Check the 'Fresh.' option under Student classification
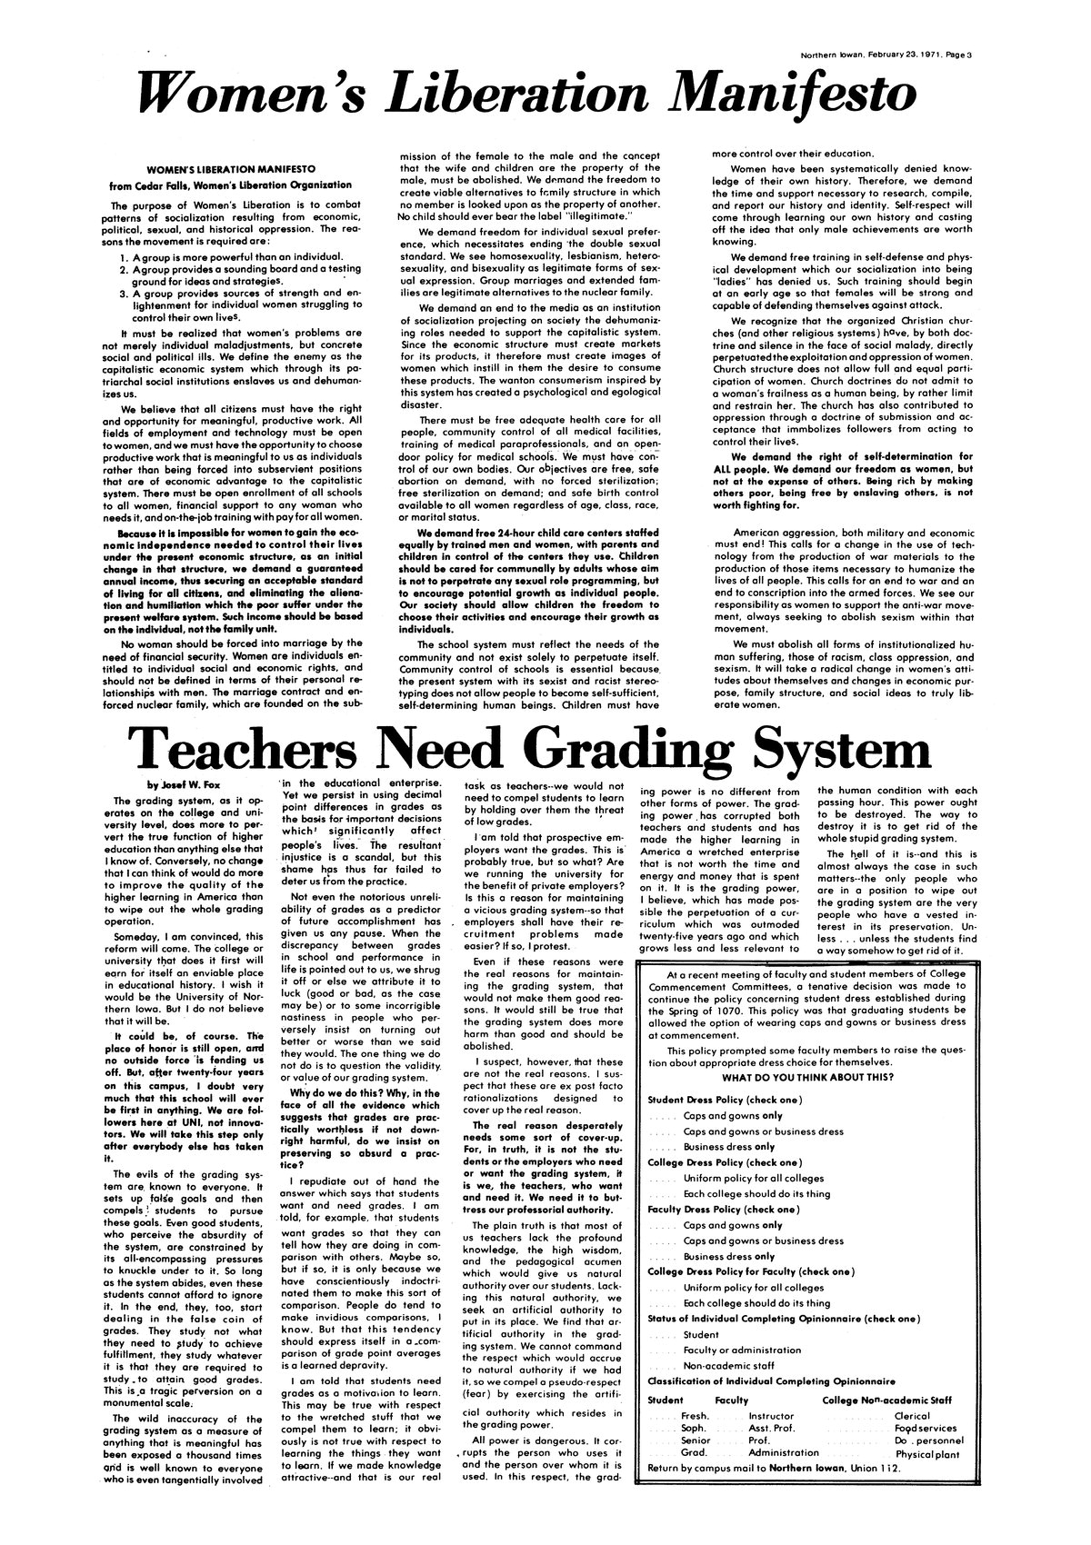pos(696,1415)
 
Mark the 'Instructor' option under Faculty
pos(770,1415)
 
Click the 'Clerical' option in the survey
pos(912,1415)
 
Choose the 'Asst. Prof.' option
pos(773,1428)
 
